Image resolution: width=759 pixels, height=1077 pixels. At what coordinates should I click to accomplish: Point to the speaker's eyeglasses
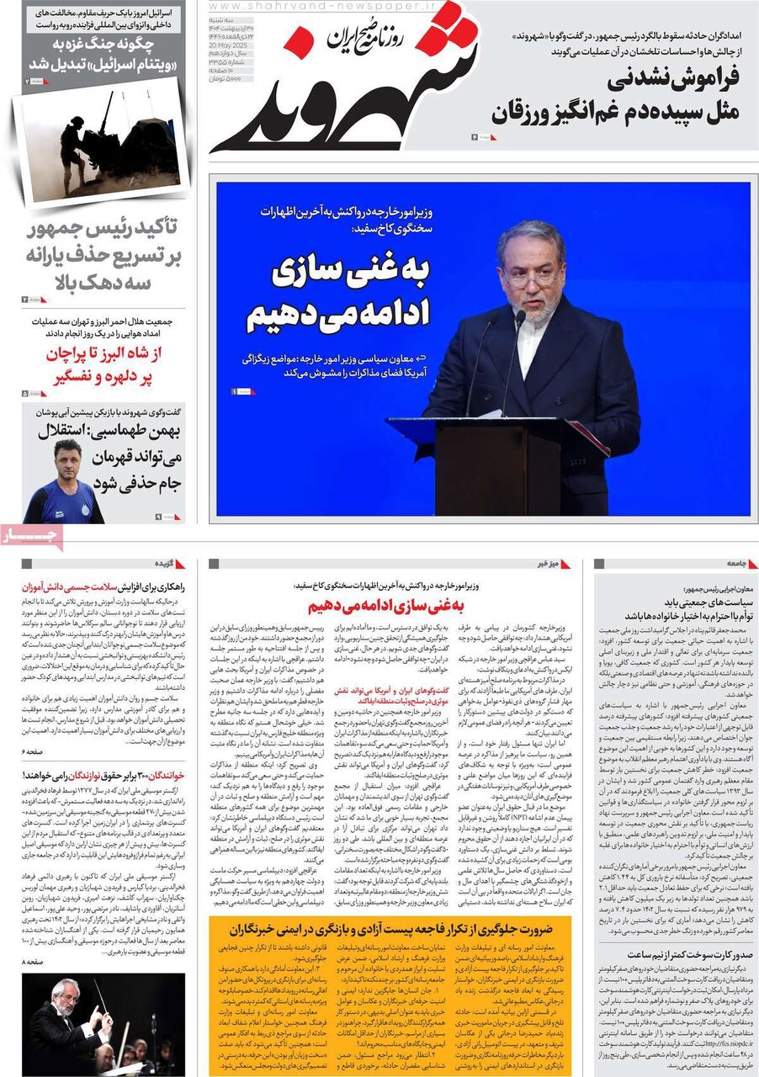(532, 274)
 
